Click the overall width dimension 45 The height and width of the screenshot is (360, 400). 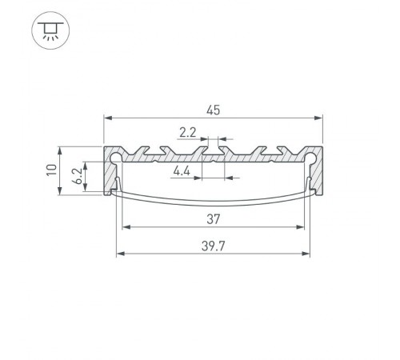(213, 109)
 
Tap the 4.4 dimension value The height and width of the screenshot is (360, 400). (182, 170)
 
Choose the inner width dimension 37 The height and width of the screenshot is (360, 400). (213, 218)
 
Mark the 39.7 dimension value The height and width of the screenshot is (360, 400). (213, 246)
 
